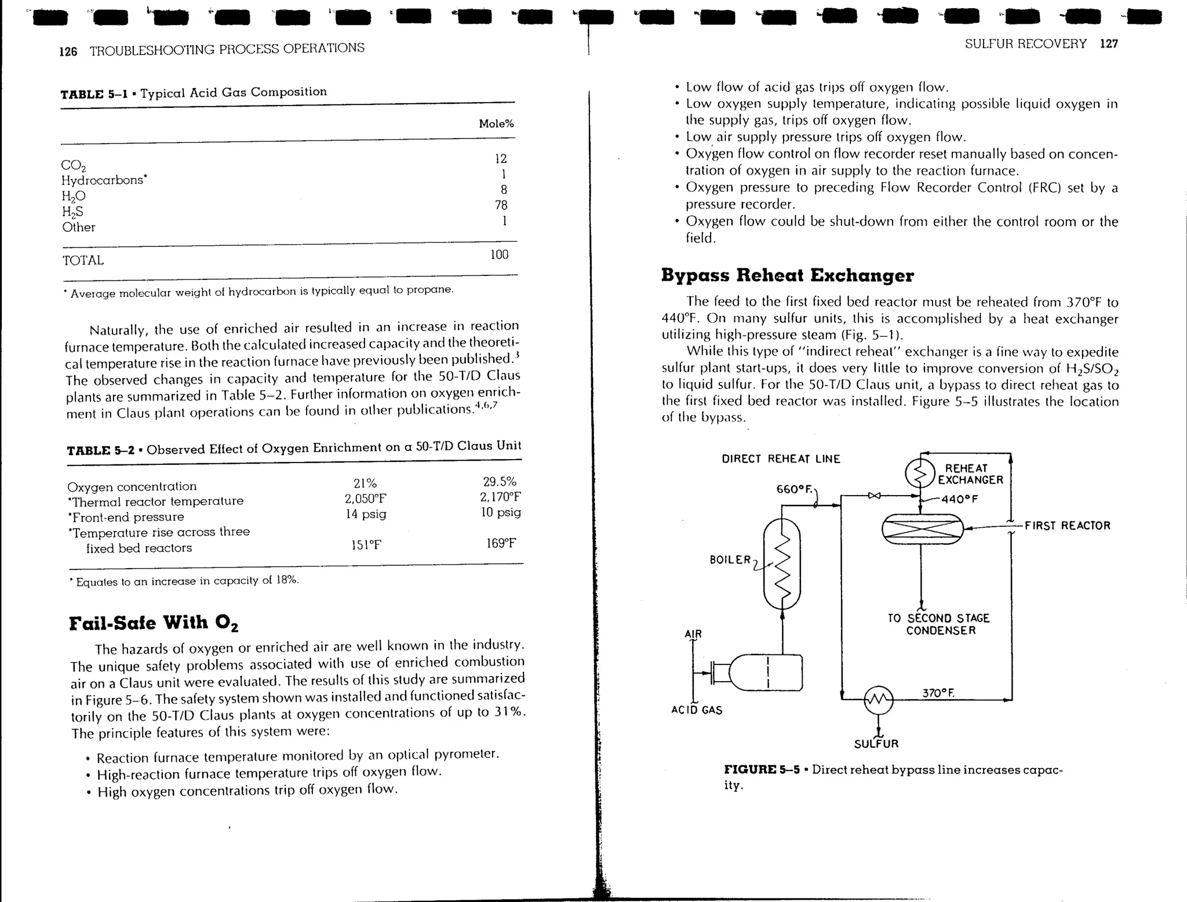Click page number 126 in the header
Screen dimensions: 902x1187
point(68,52)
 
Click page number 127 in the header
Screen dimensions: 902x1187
point(1108,44)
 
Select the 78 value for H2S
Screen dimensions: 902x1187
point(501,205)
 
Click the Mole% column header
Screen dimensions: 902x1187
point(496,123)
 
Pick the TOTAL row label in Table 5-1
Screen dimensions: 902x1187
point(83,260)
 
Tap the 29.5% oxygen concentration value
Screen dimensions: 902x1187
point(499,482)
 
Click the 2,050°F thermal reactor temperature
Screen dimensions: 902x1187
point(365,499)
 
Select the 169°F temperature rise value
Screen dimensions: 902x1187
point(501,543)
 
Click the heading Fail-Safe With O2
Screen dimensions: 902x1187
point(154,623)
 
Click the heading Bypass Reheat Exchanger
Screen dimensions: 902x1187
point(787,275)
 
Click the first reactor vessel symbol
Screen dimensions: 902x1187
point(922,529)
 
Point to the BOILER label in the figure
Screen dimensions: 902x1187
point(730,559)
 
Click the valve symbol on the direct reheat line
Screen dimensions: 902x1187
point(874,496)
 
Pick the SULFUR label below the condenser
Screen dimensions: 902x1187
point(876,744)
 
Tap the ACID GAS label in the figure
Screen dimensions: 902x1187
point(697,710)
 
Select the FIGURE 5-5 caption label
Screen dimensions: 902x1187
point(762,770)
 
